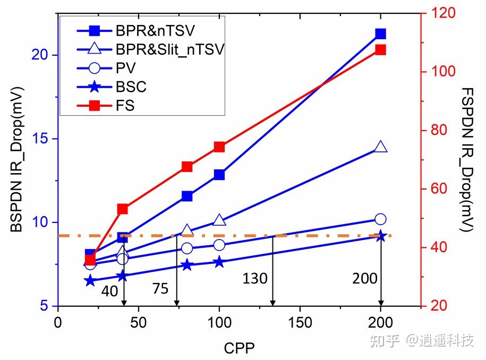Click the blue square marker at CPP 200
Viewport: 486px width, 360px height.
point(380,33)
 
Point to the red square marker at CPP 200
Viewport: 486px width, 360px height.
point(380,50)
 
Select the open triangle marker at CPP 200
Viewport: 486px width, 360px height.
point(380,147)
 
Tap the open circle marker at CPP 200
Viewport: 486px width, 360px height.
point(380,219)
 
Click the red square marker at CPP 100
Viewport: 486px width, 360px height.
point(219,147)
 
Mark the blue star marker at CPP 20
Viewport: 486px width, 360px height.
point(90,280)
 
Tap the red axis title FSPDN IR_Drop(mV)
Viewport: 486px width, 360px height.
point(467,160)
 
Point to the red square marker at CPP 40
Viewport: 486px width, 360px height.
point(123,209)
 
